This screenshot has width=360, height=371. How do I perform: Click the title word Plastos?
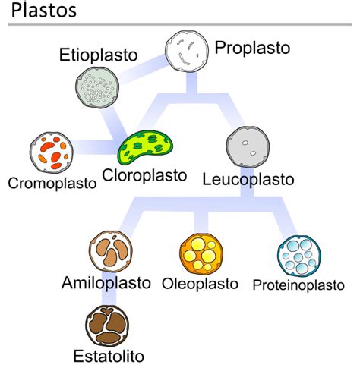point(44,11)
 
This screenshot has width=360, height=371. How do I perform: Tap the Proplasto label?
point(252,48)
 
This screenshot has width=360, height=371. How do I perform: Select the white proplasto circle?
point(187,52)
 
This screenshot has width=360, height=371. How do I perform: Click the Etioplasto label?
point(98,55)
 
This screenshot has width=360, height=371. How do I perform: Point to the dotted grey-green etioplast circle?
point(97,87)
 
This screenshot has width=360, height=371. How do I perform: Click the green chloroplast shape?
point(146,147)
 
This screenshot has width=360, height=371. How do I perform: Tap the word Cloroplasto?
point(144,175)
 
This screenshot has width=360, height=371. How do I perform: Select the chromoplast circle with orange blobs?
point(52,152)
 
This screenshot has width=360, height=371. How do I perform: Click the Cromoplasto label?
point(52,183)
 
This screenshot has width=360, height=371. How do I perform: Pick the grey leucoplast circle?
point(248,147)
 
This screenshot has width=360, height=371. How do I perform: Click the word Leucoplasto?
point(248,180)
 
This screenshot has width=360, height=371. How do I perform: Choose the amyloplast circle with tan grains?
point(111,251)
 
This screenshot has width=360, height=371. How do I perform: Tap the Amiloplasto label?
point(106,283)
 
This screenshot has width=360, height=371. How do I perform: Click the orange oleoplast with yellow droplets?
point(201,254)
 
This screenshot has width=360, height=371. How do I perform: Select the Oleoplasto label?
point(200,284)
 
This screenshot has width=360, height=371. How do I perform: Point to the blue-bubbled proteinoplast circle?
point(299,256)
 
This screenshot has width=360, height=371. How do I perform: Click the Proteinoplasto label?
point(298,285)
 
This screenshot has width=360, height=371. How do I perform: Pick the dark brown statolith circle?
point(107,325)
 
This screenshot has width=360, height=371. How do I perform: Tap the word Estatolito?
point(109,356)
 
